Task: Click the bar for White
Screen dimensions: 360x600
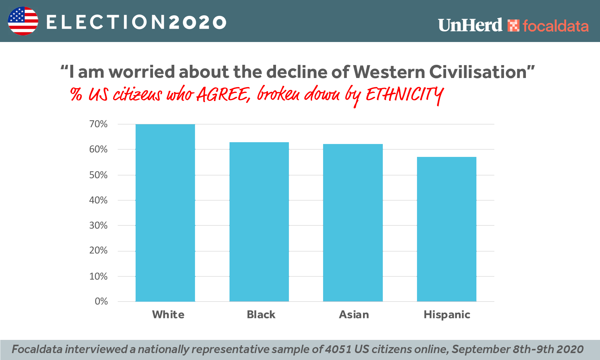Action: (x=165, y=213)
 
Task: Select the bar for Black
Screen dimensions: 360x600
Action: (x=259, y=222)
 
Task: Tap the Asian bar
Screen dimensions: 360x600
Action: (x=353, y=223)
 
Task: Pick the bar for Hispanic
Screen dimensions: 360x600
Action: (x=447, y=229)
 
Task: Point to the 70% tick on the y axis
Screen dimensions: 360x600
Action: (x=98, y=124)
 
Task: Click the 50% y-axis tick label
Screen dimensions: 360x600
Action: (x=98, y=175)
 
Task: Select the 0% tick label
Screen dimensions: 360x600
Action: (x=101, y=301)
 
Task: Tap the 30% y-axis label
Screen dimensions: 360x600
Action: (x=98, y=225)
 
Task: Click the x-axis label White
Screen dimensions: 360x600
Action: (x=168, y=314)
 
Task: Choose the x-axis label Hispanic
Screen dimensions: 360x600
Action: (x=447, y=314)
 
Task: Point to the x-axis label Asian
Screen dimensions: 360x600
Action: (x=354, y=314)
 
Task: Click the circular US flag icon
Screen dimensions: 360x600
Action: (x=23, y=21)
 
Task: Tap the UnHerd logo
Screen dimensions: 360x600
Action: (x=470, y=25)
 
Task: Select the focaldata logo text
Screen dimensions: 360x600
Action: (x=555, y=26)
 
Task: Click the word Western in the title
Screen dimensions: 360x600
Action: (x=389, y=72)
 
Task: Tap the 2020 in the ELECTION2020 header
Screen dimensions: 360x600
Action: (x=197, y=22)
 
